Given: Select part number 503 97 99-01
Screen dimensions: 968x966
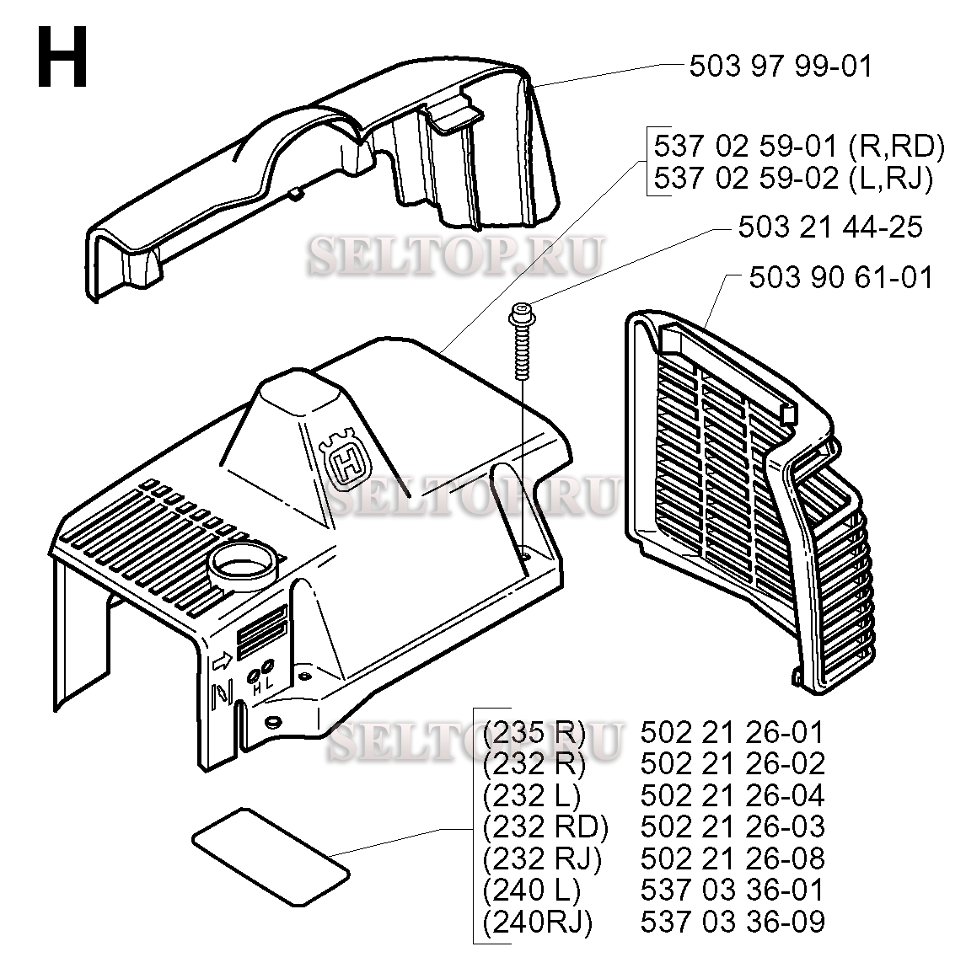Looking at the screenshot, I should click(x=781, y=67).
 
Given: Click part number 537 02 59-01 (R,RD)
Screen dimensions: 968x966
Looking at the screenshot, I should click(x=798, y=147).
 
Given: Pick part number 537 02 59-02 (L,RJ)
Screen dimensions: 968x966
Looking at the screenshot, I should click(x=793, y=179).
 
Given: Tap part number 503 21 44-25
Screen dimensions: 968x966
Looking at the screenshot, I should click(x=829, y=227).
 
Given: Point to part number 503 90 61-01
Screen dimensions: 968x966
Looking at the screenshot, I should click(x=841, y=278).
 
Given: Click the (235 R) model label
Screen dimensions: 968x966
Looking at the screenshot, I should click(x=534, y=732).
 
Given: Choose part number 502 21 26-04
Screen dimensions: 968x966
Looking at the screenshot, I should click(x=732, y=795).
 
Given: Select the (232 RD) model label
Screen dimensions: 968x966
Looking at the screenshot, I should click(x=545, y=826).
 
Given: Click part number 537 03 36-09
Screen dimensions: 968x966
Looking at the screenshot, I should click(x=732, y=922).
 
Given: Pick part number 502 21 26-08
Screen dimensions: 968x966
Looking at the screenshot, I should click(x=732, y=858).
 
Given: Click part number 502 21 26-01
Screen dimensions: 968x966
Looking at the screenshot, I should click(x=732, y=732).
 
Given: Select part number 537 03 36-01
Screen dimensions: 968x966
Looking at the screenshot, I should click(x=732, y=890).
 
